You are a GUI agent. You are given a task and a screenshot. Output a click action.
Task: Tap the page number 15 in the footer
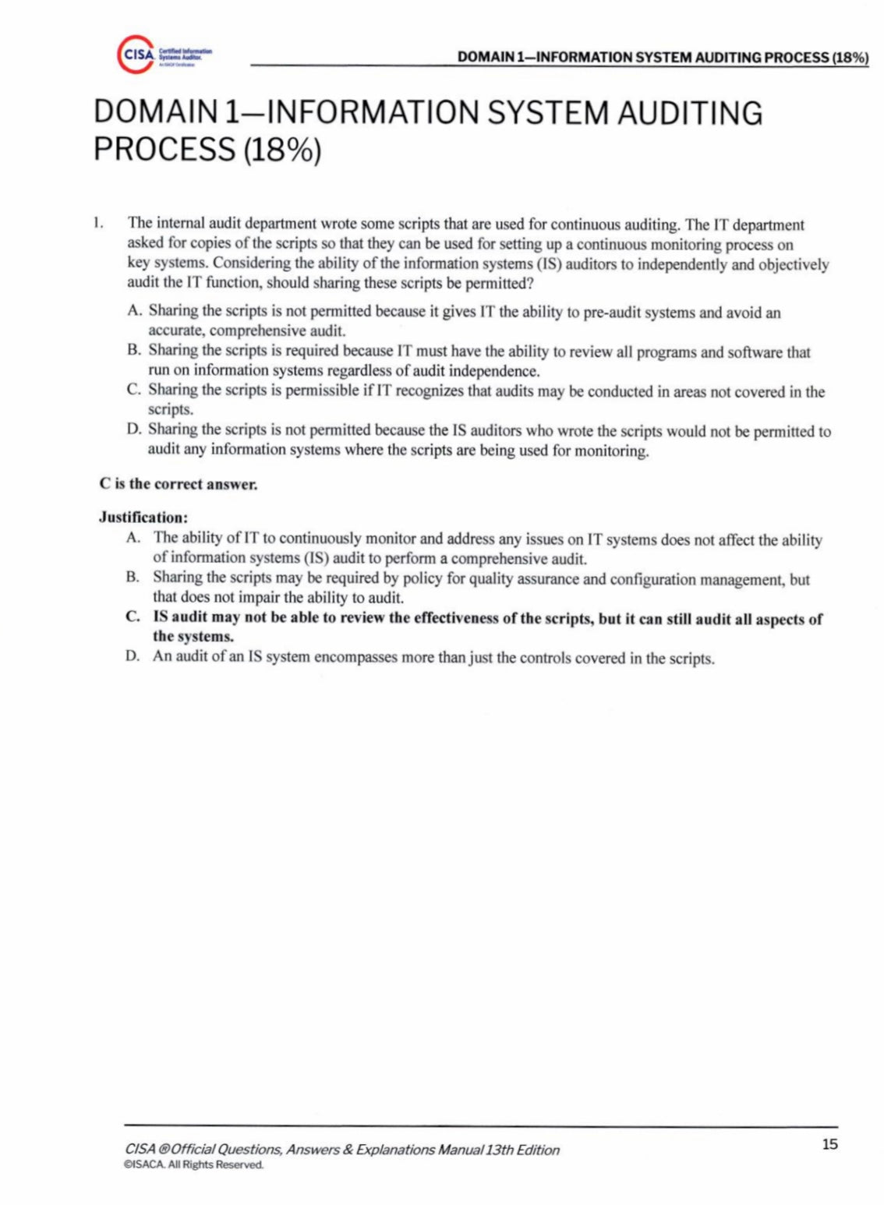tap(829, 1144)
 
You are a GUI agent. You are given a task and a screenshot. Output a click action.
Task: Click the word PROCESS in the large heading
tap(163, 148)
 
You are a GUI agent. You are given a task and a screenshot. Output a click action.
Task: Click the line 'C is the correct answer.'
tap(178, 483)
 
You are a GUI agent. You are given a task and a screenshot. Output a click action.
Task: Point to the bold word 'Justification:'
tap(143, 517)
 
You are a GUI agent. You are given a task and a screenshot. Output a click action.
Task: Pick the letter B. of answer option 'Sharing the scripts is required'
tap(134, 351)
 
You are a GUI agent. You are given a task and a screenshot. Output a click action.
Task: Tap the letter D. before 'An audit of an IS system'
tap(133, 656)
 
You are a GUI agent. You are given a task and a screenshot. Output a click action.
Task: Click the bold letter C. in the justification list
tap(133, 617)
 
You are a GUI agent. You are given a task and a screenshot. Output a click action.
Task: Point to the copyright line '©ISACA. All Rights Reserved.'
tap(194, 1165)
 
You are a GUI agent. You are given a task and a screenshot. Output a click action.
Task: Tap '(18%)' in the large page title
tap(281, 148)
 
